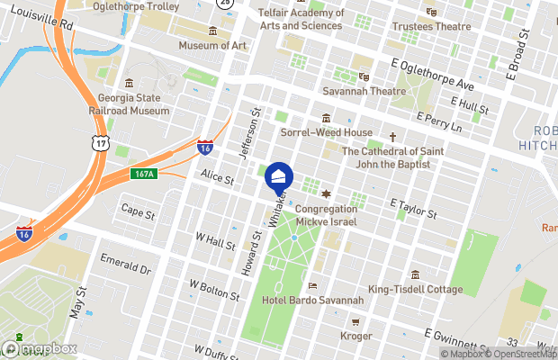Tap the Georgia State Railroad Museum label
pos(133,104)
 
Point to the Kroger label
pos(356,336)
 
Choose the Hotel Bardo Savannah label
pos(312,300)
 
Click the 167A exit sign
pos(143,173)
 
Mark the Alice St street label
pos(217,179)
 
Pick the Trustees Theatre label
pos(432,27)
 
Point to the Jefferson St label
pos(249,132)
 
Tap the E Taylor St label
pos(413,210)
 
